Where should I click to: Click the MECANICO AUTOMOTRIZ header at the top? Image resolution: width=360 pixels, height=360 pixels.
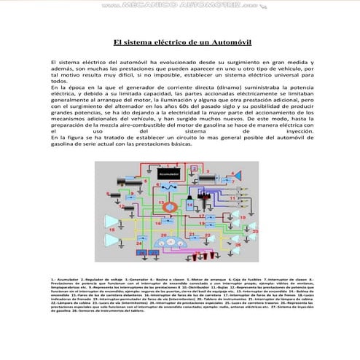(x=180, y=5)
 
